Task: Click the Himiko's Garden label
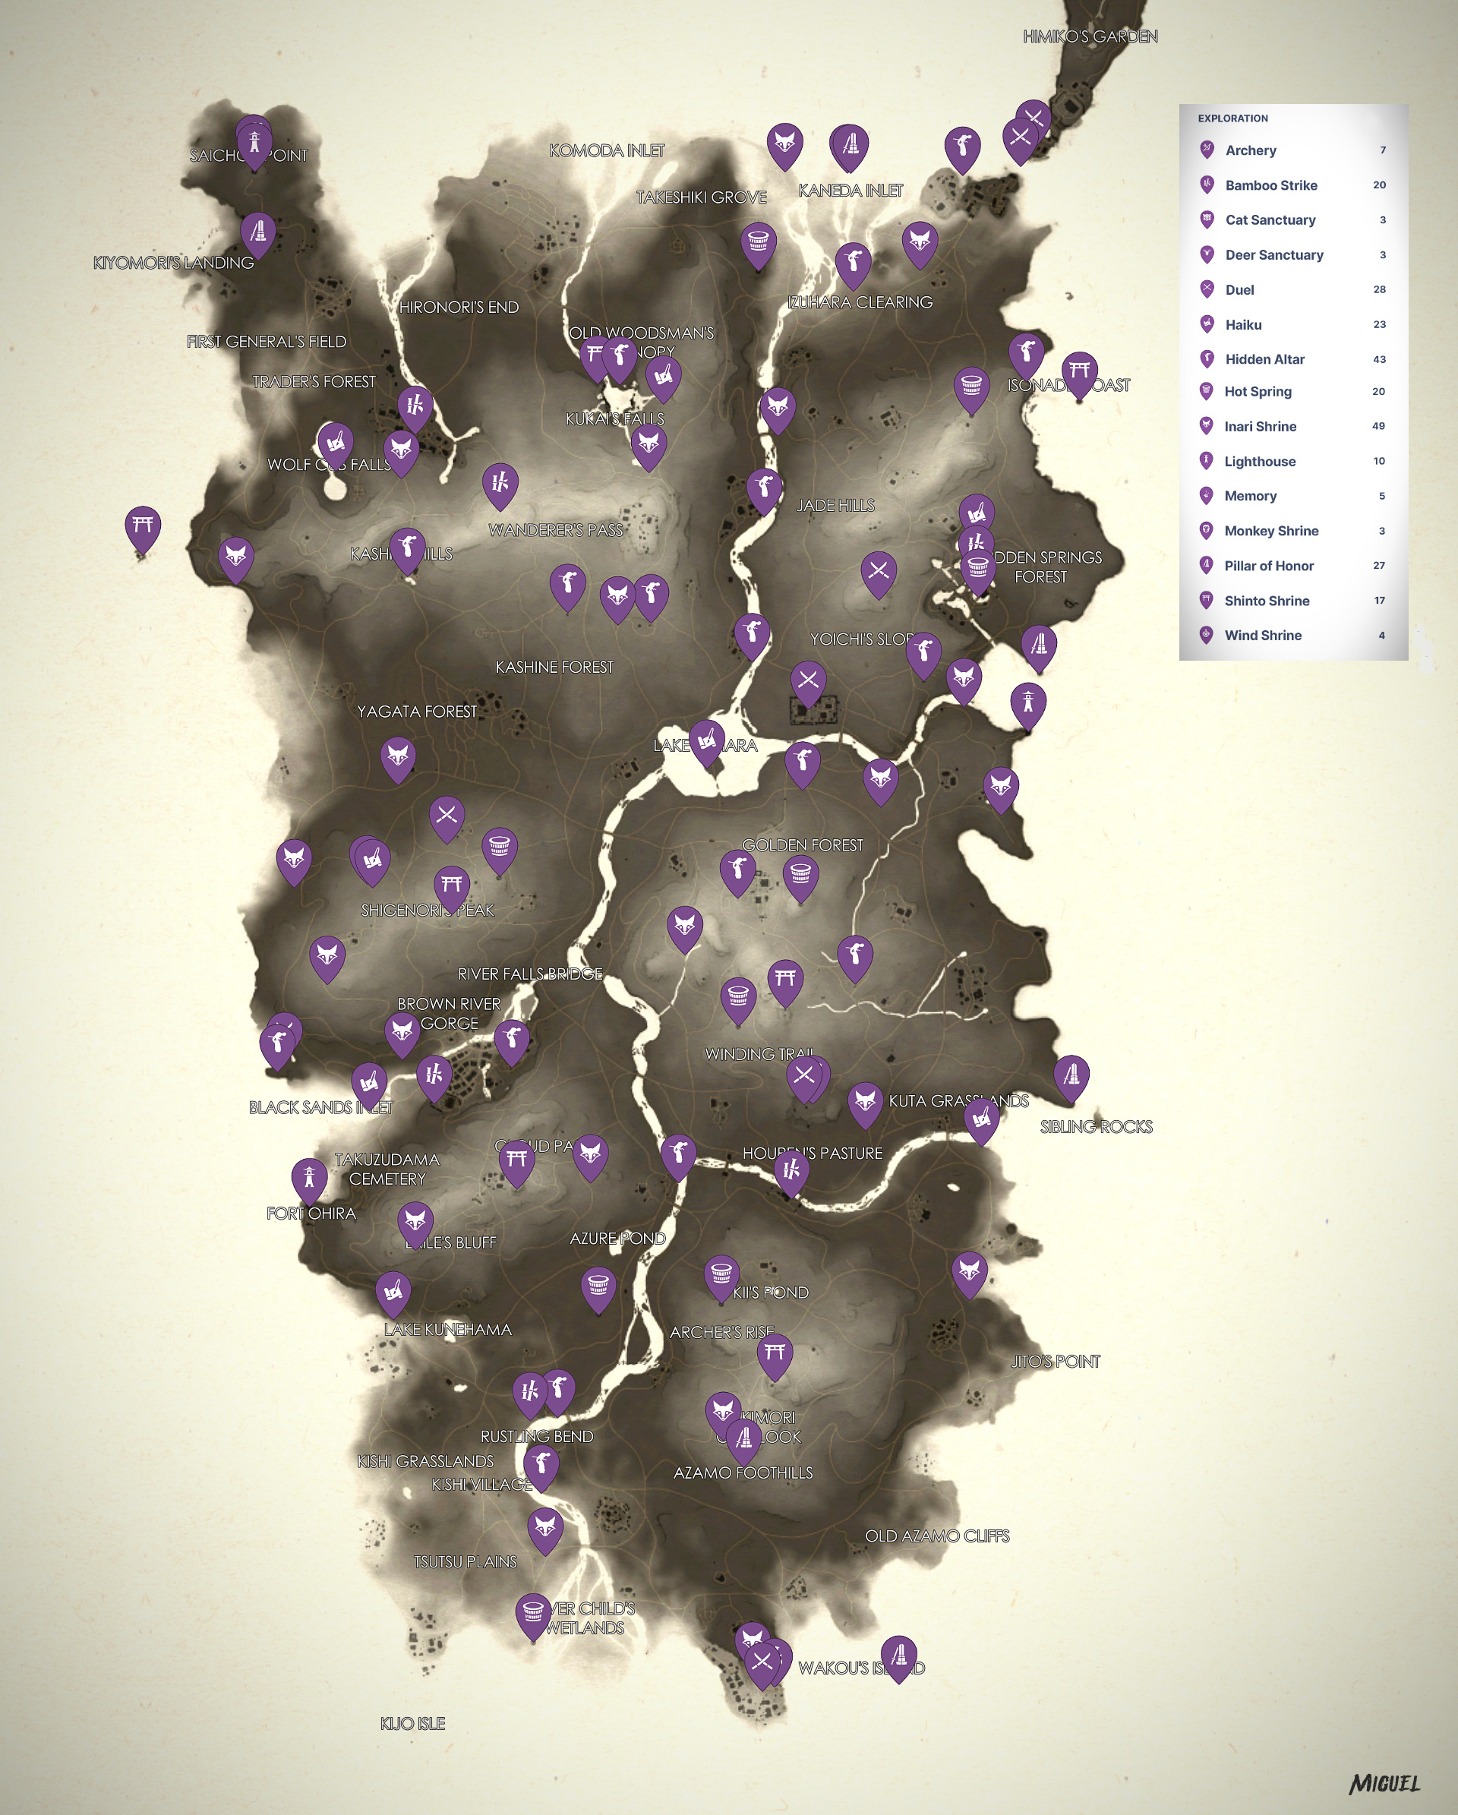click(1090, 36)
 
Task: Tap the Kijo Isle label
click(412, 1723)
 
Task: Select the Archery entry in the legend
click(1250, 150)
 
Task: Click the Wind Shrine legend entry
click(1262, 636)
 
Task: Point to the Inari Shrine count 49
click(1378, 426)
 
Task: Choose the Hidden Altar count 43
click(1379, 359)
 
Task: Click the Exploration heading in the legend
click(1232, 118)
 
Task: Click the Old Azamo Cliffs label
click(937, 1536)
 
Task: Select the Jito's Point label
click(1055, 1361)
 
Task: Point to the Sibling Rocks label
click(1096, 1127)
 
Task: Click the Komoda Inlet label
click(607, 150)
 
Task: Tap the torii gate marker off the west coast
click(143, 527)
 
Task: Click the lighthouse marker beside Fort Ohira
click(309, 1177)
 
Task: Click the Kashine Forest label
click(554, 668)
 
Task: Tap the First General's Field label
click(267, 342)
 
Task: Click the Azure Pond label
click(617, 1239)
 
